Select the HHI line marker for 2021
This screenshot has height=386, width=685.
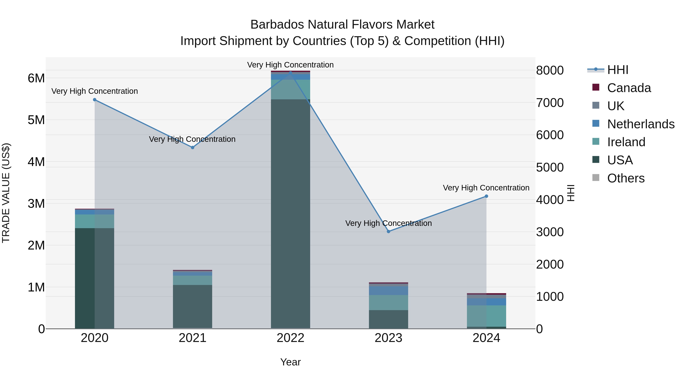(x=193, y=147)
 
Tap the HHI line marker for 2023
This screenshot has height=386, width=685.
(x=389, y=231)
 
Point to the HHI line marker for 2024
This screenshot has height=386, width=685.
(x=486, y=196)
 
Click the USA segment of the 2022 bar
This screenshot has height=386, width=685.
(x=290, y=213)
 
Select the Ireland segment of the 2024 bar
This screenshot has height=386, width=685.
(x=486, y=316)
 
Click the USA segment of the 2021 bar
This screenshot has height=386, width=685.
(x=193, y=306)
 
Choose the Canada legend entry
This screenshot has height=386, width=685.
(x=629, y=88)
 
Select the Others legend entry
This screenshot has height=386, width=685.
(x=626, y=178)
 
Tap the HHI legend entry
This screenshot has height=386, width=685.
(x=617, y=70)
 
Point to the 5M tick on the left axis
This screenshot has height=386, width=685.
(x=36, y=120)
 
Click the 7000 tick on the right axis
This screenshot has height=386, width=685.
(x=550, y=103)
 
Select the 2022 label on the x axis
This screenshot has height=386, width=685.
(x=290, y=338)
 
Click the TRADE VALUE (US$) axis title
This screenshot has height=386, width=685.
(x=6, y=193)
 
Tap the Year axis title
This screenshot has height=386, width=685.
(x=290, y=362)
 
